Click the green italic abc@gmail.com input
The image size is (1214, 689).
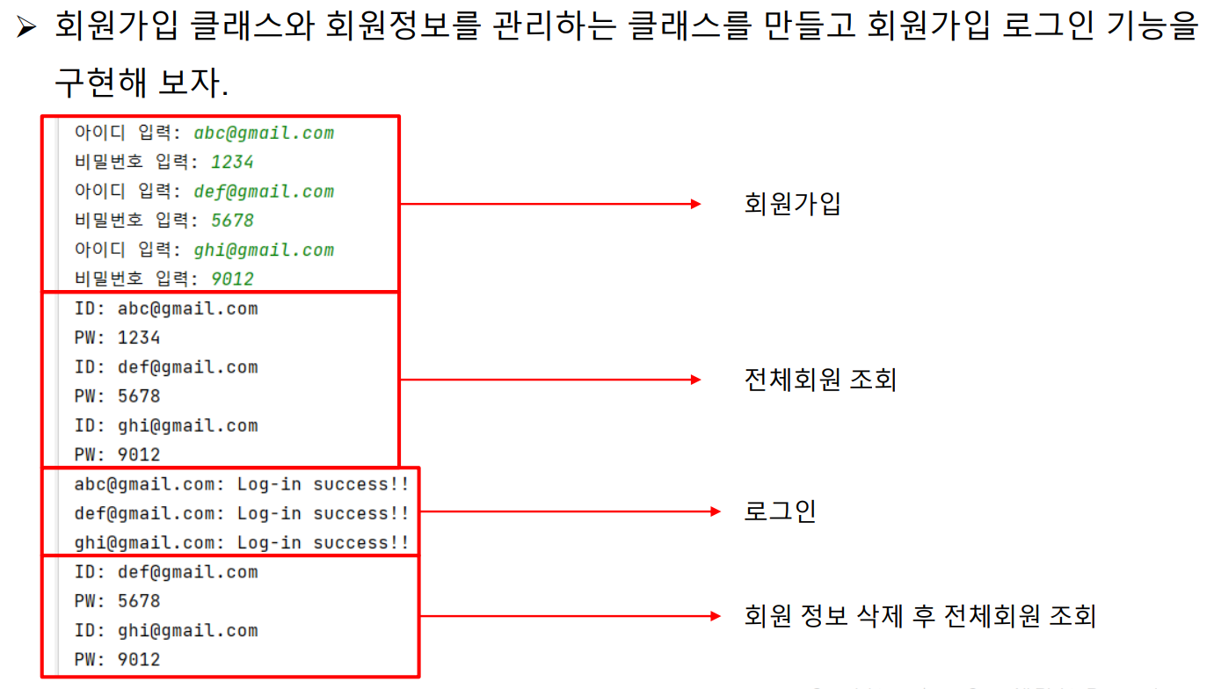pyautogui.click(x=264, y=134)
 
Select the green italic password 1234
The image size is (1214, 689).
pyautogui.click(x=232, y=163)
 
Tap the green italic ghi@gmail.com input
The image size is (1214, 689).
pyautogui.click(x=264, y=250)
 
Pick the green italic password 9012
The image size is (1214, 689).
pyautogui.click(x=232, y=279)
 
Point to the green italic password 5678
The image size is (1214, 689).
pyautogui.click(x=232, y=221)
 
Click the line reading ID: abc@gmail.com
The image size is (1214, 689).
pyautogui.click(x=166, y=308)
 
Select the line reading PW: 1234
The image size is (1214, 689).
pyautogui.click(x=118, y=337)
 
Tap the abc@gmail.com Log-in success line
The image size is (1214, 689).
pyautogui.click(x=242, y=484)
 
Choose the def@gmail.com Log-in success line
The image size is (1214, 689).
pyautogui.click(x=242, y=513)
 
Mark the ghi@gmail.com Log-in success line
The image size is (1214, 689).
pyautogui.click(x=242, y=543)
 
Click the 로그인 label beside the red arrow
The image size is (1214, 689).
pyautogui.click(x=780, y=511)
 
